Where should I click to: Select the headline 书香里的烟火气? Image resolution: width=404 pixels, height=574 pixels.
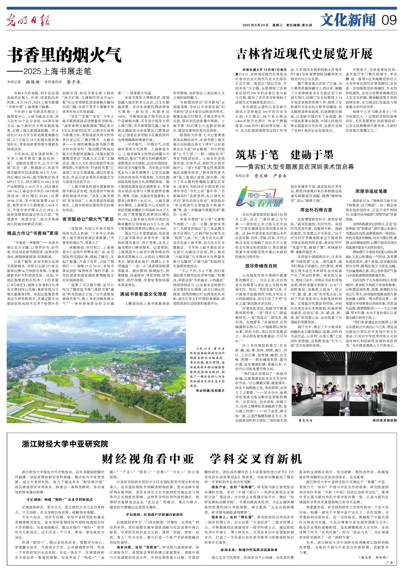(64, 55)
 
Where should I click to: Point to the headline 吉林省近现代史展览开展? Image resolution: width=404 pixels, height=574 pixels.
(304, 54)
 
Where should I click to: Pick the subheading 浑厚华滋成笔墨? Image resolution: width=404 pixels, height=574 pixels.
(371, 191)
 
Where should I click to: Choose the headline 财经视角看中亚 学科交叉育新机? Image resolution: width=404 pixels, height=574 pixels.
(202, 459)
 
